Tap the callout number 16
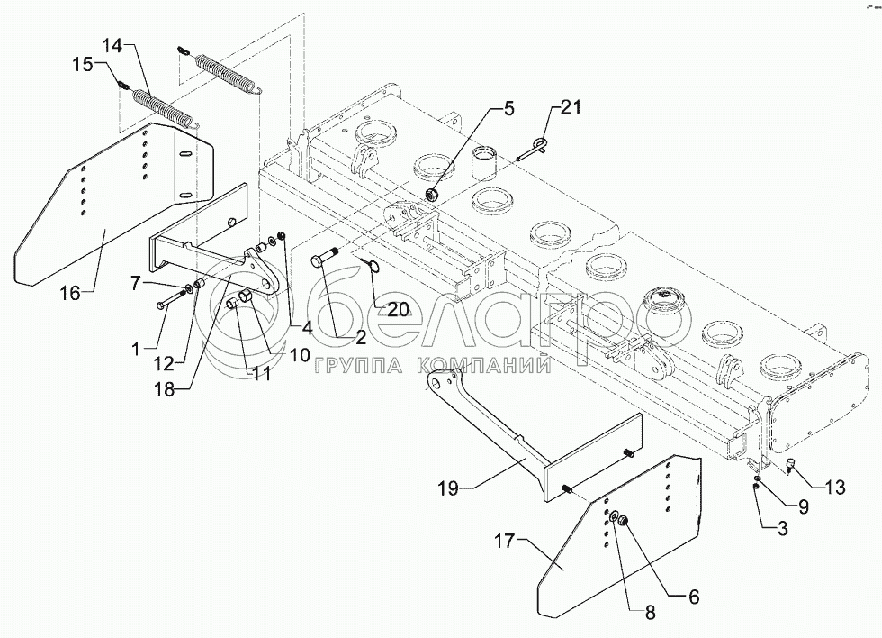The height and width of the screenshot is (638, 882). click(71, 294)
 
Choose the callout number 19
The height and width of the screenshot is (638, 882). click(449, 488)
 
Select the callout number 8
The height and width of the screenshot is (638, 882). click(650, 613)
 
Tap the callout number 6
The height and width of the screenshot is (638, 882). click(694, 597)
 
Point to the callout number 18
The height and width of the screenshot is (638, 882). click(166, 390)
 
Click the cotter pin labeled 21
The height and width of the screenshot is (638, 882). click(533, 150)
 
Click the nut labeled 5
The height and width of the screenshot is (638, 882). click(432, 195)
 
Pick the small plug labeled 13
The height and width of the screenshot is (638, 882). click(789, 465)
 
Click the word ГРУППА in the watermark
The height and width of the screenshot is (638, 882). click(362, 367)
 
